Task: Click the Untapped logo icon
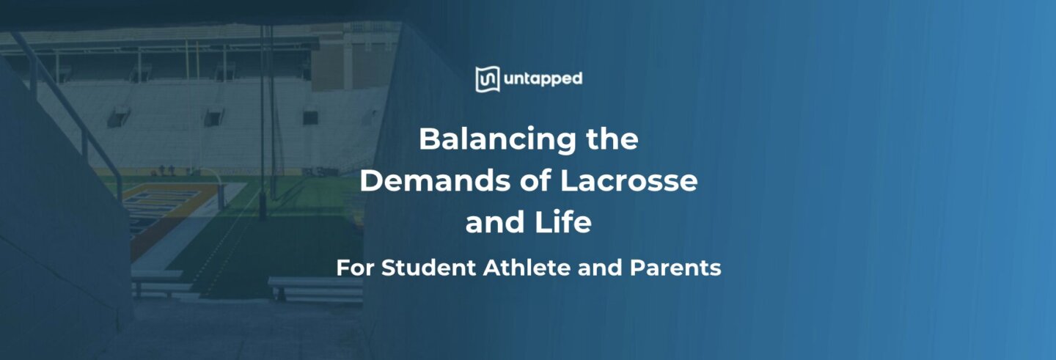coord(487,79)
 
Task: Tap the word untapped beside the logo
coord(542,79)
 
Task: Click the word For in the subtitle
coord(355,268)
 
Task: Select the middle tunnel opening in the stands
coord(213,116)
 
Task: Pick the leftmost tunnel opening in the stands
coord(119,116)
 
